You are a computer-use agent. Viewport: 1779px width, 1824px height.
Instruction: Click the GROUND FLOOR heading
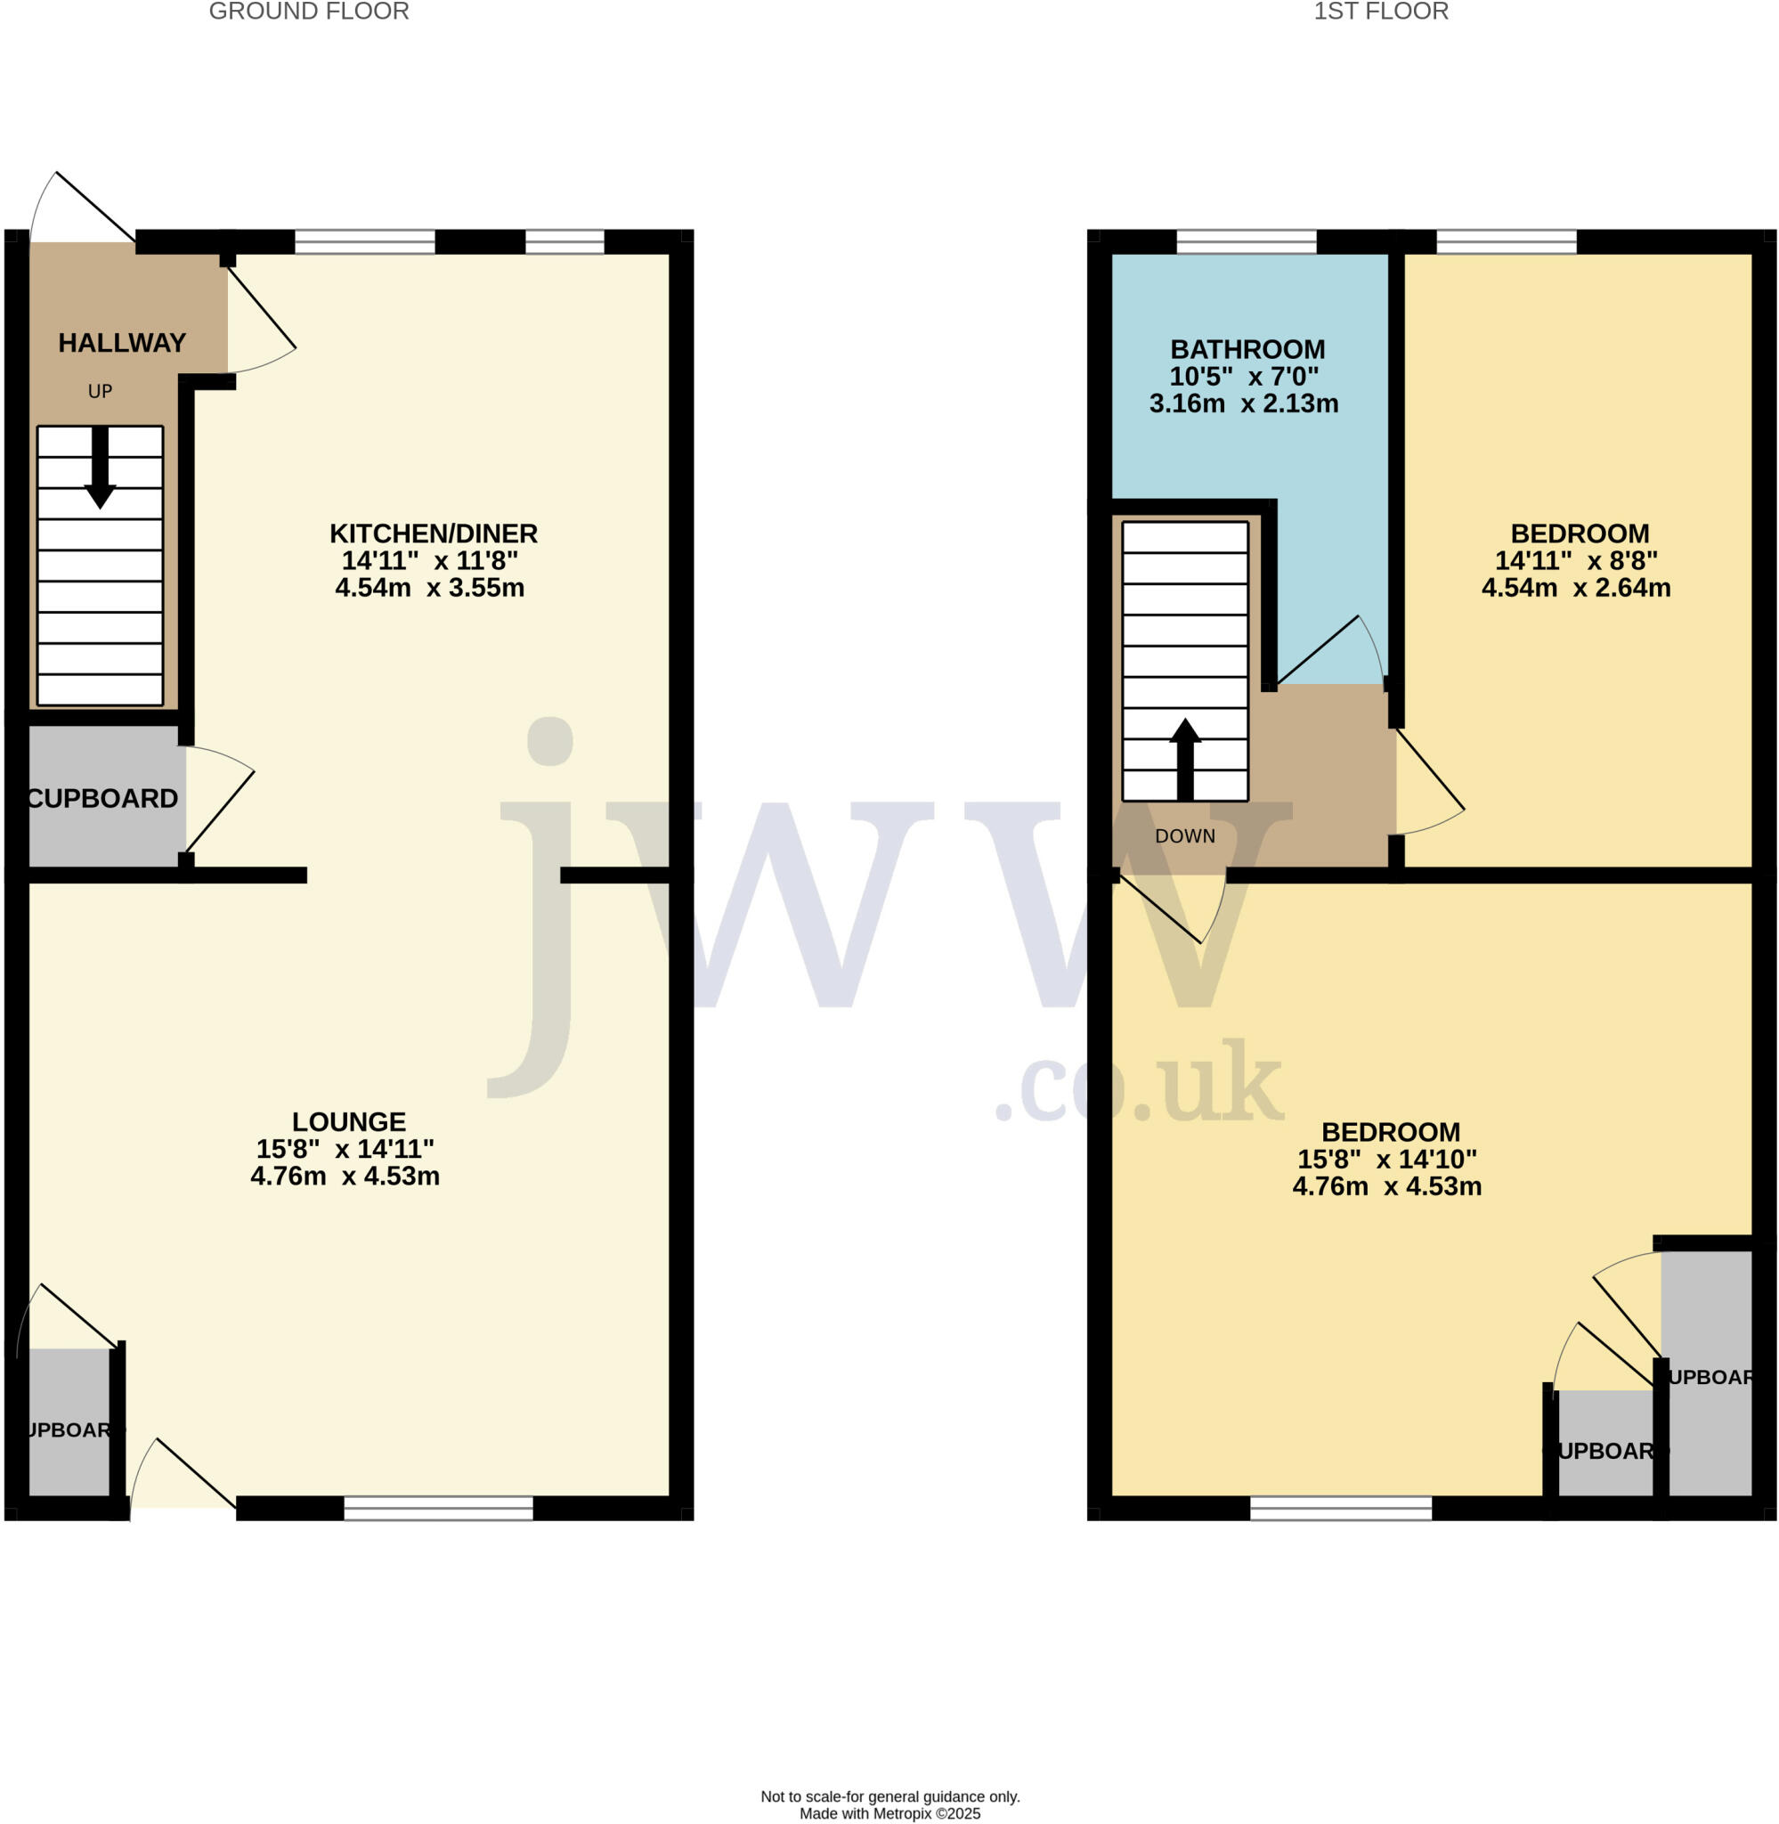click(x=308, y=12)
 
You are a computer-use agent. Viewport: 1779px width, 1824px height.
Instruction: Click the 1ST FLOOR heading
click(x=1381, y=12)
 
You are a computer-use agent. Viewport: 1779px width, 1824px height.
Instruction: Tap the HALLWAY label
click(x=122, y=343)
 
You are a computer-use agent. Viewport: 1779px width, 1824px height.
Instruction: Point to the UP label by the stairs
click(x=100, y=392)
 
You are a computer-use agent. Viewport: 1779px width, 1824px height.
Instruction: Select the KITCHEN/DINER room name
click(x=434, y=533)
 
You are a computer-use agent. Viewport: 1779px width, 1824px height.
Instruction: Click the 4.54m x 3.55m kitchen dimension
click(x=430, y=588)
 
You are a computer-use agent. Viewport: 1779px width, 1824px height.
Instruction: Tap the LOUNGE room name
click(x=348, y=1121)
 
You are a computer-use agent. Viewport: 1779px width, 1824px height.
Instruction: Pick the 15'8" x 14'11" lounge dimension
click(x=345, y=1148)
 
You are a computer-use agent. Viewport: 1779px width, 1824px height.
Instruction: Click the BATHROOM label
click(x=1247, y=349)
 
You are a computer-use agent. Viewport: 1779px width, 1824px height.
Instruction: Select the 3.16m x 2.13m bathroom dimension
click(x=1244, y=403)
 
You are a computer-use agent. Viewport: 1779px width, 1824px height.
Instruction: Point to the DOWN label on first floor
click(x=1185, y=836)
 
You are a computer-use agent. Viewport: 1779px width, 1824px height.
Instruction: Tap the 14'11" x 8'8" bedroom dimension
click(x=1576, y=561)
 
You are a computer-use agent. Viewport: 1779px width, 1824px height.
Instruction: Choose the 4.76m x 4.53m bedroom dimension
click(x=1386, y=1186)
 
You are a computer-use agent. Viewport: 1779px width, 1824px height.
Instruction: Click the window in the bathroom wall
click(x=1247, y=242)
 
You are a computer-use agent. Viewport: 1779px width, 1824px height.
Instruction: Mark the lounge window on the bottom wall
click(x=438, y=1508)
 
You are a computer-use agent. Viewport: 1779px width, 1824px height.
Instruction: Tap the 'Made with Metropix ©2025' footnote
click(x=889, y=1813)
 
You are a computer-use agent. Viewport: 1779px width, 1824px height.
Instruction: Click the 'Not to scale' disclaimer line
click(x=889, y=1796)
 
